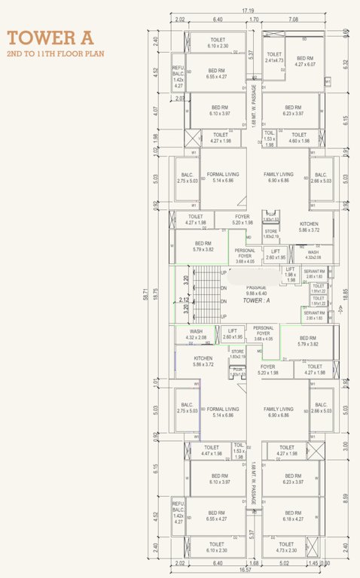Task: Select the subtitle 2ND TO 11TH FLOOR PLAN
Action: (55, 54)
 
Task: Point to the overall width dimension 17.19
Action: (248, 11)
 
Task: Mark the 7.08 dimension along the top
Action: (293, 19)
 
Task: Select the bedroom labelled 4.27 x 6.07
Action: (304, 61)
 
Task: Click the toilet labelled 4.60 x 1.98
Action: (299, 138)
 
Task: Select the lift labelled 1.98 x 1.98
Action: (291, 276)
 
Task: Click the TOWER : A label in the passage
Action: (257, 300)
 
